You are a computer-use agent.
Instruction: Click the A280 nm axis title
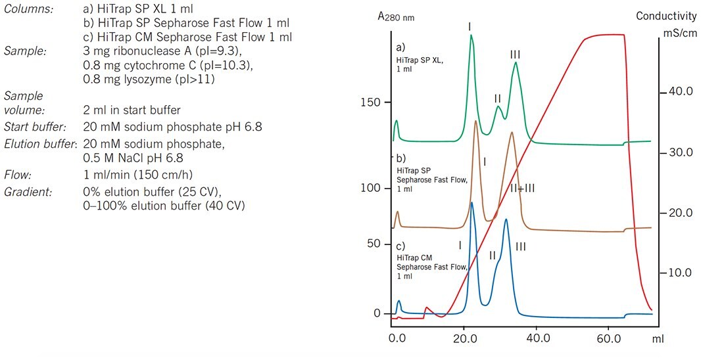click(398, 18)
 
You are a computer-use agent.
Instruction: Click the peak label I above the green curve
click(470, 26)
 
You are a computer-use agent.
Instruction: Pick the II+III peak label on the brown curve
click(523, 188)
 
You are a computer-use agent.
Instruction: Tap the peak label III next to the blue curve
click(521, 247)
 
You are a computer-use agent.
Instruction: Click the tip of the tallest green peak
click(471, 35)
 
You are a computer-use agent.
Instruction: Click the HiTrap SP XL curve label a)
click(401, 48)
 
